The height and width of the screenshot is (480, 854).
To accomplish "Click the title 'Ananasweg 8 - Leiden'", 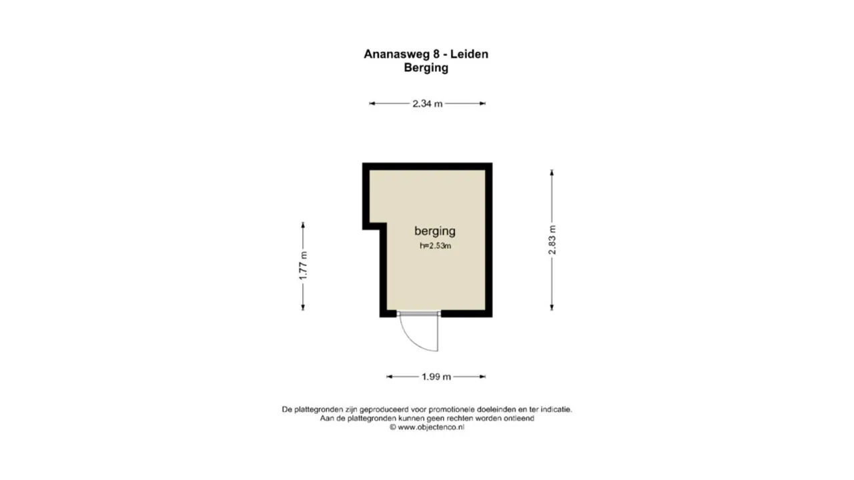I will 426,54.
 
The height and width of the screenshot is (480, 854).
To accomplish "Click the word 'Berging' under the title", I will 426,67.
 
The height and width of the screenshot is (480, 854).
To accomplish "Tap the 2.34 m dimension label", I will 427,103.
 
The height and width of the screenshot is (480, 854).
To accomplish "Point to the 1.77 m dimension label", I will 303,265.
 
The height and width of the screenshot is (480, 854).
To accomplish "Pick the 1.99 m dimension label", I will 436,377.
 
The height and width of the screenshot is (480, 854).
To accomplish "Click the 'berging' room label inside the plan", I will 435,231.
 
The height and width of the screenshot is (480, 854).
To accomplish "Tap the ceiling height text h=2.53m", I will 435,245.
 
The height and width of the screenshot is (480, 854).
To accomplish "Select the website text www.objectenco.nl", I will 431,427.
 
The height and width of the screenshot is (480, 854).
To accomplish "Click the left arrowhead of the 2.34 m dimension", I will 372,103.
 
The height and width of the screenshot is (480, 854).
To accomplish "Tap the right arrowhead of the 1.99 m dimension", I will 482,377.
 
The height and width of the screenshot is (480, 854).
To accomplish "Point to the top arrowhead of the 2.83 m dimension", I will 552,173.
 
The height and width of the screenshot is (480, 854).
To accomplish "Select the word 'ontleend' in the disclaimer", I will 519,419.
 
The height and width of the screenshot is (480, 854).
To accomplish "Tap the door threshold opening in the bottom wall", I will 419,313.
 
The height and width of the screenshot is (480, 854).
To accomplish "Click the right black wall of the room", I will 489,240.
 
